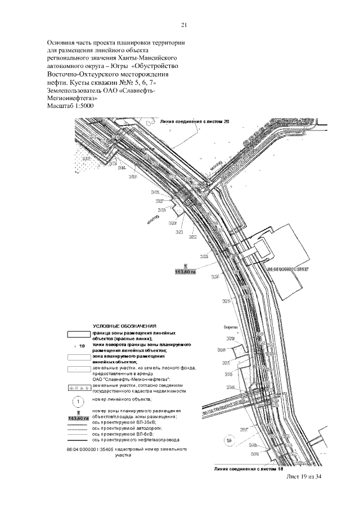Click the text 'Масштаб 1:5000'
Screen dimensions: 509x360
(74, 105)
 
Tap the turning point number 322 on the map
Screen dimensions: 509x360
(193, 237)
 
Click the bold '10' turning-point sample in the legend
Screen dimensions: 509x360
(82, 346)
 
